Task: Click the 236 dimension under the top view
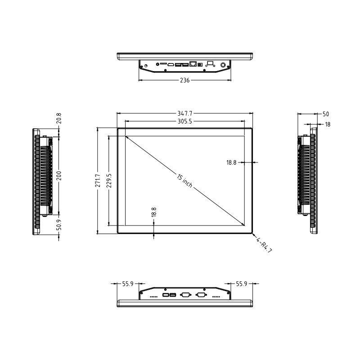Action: pos(184,81)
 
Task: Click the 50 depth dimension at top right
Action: pos(326,114)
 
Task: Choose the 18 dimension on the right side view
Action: pos(327,125)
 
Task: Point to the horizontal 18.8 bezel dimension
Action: pos(231,162)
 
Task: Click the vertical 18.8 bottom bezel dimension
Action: pos(154,212)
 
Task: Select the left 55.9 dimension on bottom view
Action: pos(128,284)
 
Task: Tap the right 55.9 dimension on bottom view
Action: pos(242,284)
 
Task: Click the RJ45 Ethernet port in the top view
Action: pos(194,64)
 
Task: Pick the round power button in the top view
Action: pos(223,65)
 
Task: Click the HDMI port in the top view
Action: pos(171,65)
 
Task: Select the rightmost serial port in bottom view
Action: pos(201,295)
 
